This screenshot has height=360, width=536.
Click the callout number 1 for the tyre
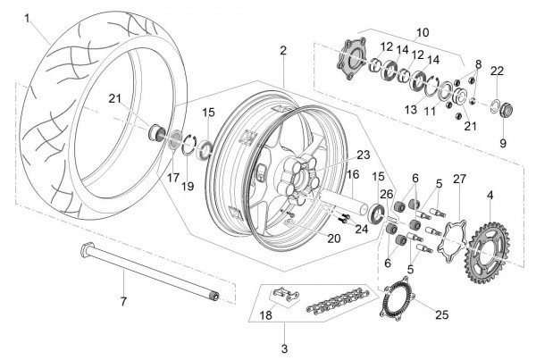click(x=28, y=19)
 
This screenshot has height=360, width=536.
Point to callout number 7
click(x=123, y=302)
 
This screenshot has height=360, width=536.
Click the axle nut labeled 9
click(x=507, y=111)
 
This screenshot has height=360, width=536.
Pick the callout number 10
click(x=423, y=33)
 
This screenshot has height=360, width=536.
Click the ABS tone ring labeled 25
click(x=398, y=298)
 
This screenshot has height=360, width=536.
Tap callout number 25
click(x=441, y=314)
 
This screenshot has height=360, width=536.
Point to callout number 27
click(x=459, y=180)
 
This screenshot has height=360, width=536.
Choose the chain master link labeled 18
click(x=286, y=294)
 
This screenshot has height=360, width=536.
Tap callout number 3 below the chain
click(x=284, y=349)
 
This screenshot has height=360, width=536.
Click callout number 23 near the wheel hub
click(x=364, y=155)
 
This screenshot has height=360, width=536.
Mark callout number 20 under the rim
click(x=333, y=239)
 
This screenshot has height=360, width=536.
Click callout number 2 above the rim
click(x=282, y=51)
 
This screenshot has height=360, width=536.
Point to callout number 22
click(x=497, y=71)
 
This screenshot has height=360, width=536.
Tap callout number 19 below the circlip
click(x=188, y=187)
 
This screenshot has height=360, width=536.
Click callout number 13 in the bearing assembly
click(x=411, y=109)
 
